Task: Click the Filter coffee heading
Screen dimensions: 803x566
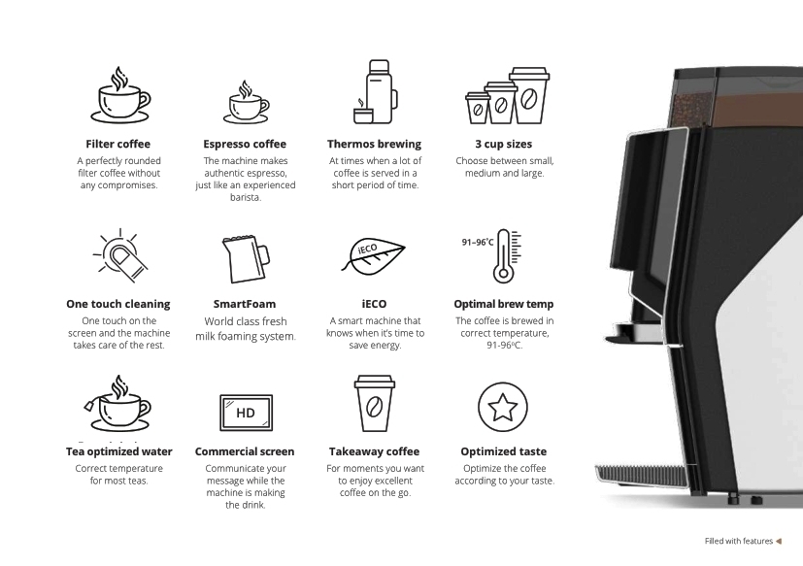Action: [x=117, y=144]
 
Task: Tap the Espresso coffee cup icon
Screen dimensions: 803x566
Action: [x=246, y=102]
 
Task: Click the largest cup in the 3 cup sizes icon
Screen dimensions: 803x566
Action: [x=529, y=95]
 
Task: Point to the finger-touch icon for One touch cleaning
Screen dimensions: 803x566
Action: [x=120, y=255]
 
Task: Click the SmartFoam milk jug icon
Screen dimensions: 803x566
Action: [x=246, y=259]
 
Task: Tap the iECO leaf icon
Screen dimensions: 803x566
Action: [x=373, y=255]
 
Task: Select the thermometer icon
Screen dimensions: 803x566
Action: [x=507, y=255]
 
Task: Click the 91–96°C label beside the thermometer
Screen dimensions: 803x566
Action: [x=478, y=242]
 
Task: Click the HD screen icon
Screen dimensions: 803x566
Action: [x=246, y=413]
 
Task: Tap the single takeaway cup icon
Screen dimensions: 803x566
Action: [x=375, y=404]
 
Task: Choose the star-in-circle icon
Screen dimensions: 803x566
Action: [x=502, y=407]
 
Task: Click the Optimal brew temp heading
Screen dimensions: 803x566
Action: [x=503, y=304]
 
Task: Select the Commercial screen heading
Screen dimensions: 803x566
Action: [x=245, y=451]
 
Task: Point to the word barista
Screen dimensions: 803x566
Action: [x=246, y=197]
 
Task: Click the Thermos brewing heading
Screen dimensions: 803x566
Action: [x=375, y=144]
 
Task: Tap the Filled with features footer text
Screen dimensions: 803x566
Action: [x=739, y=541]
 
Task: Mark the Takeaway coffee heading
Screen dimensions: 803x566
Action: [x=375, y=451]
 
